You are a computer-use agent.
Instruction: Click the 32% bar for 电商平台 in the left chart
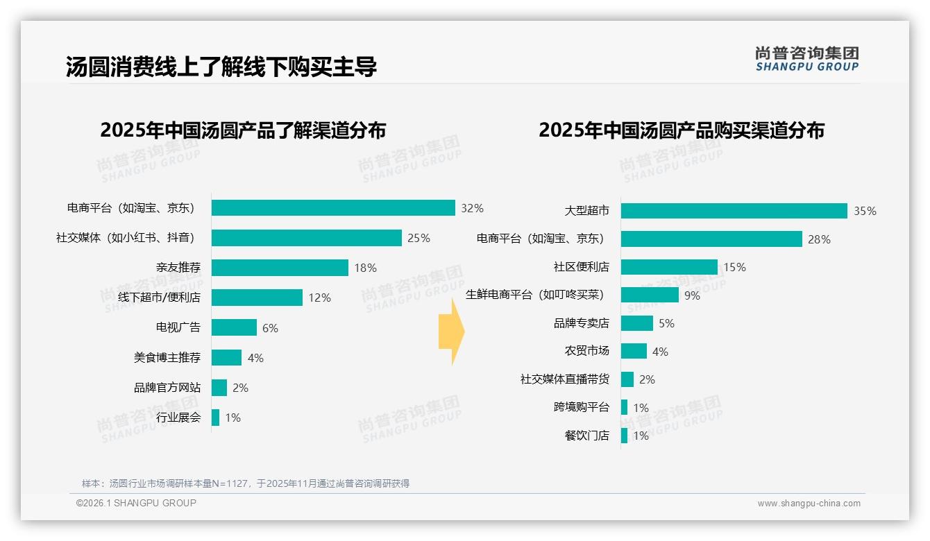point(333,208)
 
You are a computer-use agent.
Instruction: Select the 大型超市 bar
point(734,211)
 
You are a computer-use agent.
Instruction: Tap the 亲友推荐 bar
point(280,268)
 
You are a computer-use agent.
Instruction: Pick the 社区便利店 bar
point(669,267)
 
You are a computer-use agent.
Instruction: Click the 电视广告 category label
point(178,327)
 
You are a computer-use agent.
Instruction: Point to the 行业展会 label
point(178,418)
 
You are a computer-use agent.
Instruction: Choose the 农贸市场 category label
point(586,351)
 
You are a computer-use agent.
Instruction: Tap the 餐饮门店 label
point(586,436)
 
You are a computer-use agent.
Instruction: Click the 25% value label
point(418,238)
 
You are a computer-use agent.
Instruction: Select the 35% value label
point(865,211)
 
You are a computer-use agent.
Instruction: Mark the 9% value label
point(692,295)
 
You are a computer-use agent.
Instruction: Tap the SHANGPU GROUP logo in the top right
point(806,59)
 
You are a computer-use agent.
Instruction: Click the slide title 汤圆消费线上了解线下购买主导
point(221,67)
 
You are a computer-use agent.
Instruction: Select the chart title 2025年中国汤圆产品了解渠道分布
point(243,130)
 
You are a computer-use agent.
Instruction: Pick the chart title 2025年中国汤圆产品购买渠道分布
point(681,130)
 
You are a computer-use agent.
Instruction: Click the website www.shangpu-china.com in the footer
point(809,504)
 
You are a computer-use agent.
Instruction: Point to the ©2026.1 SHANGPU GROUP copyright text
point(136,503)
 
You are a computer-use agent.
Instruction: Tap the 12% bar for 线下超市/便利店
point(257,298)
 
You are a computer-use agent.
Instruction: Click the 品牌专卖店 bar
point(636,323)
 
